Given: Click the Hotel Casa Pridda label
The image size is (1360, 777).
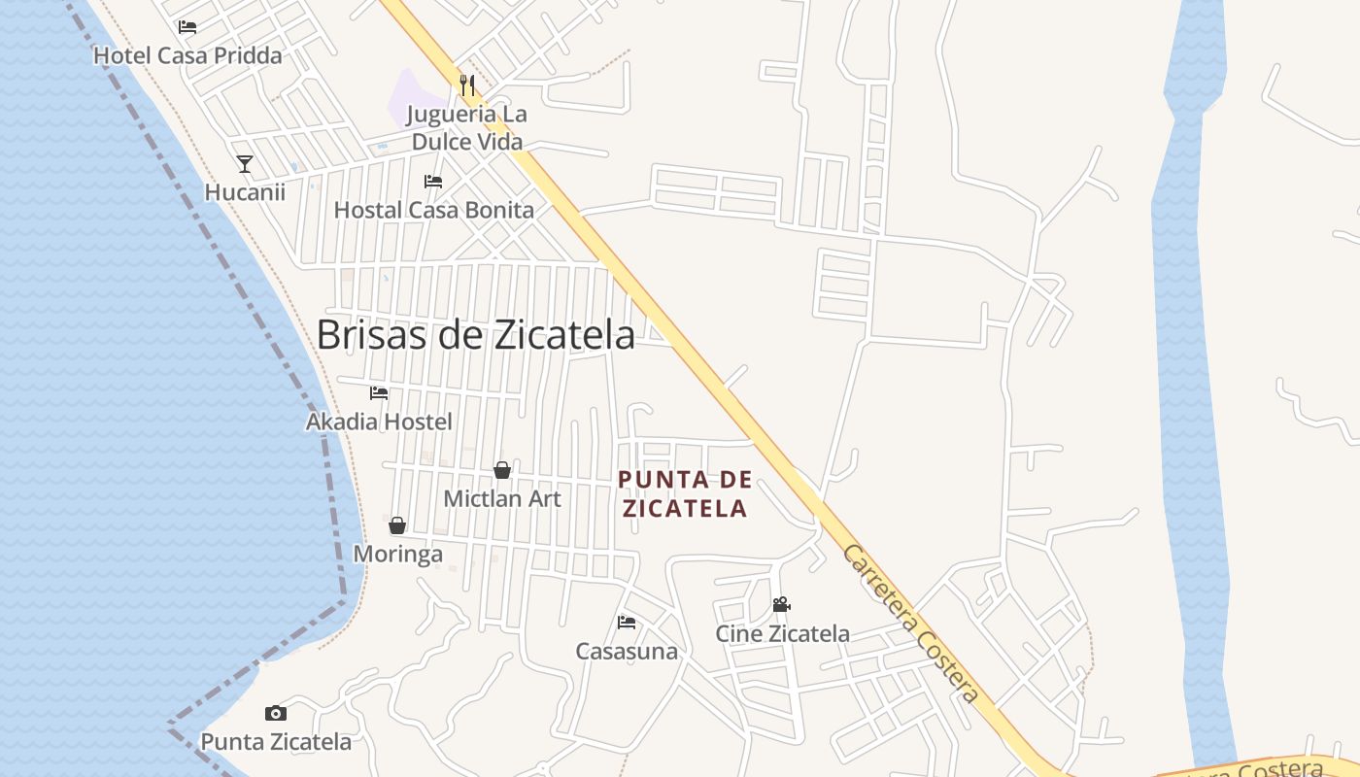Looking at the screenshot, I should pyautogui.click(x=187, y=55).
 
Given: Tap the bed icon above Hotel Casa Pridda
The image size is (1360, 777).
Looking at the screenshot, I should pyautogui.click(x=187, y=27).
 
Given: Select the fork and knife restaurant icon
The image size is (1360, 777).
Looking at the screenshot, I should pyautogui.click(x=467, y=85).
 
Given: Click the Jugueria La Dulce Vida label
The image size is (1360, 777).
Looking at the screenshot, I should pyautogui.click(x=466, y=128).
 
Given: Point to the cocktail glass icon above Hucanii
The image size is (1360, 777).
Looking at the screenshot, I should pyautogui.click(x=245, y=164).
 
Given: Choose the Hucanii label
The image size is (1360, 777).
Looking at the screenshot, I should pyautogui.click(x=245, y=192).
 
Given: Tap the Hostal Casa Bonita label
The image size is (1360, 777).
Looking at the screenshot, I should pyautogui.click(x=433, y=210).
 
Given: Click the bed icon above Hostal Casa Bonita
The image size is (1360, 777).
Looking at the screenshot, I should pyautogui.click(x=433, y=182).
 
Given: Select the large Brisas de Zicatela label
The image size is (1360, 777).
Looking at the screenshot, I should pyautogui.click(x=476, y=335).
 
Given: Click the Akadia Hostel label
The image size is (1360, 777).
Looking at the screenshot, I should pyautogui.click(x=379, y=422).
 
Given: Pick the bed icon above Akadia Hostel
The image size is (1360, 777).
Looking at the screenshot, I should pyautogui.click(x=379, y=393).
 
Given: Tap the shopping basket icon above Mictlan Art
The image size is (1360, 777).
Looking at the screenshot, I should pyautogui.click(x=502, y=470).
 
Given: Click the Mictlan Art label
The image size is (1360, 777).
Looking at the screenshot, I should pyautogui.click(x=502, y=498).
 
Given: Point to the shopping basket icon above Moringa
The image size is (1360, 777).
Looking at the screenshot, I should pyautogui.click(x=397, y=525).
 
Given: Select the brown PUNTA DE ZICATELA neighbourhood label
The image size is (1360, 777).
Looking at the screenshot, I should pyautogui.click(x=685, y=493).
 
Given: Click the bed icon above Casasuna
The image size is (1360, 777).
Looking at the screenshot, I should pyautogui.click(x=627, y=623).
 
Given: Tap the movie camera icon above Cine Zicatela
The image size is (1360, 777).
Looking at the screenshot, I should pyautogui.click(x=782, y=605).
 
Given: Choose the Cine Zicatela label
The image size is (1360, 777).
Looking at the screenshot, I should pyautogui.click(x=782, y=634).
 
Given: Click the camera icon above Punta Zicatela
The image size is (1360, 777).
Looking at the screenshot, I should pyautogui.click(x=276, y=714).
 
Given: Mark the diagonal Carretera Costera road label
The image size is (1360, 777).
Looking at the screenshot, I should pyautogui.click(x=909, y=624).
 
